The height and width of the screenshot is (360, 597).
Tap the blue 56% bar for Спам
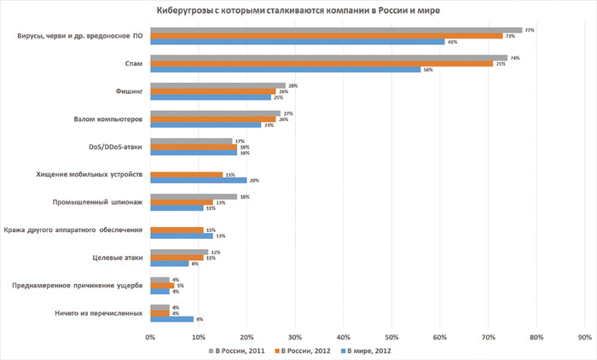click(x=285, y=69)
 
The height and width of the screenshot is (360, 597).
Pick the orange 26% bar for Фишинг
click(x=212, y=91)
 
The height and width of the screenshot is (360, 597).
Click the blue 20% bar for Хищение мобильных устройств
click(x=198, y=180)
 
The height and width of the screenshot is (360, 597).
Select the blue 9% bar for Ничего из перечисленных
click(x=171, y=319)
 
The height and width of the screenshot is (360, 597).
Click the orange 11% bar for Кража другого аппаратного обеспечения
click(x=177, y=229)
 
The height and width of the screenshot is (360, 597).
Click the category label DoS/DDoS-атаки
click(x=113, y=147)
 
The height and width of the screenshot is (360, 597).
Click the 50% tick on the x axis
click(x=391, y=338)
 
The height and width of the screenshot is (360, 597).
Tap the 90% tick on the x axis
click(x=584, y=338)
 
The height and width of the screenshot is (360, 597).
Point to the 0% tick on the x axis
click(x=150, y=338)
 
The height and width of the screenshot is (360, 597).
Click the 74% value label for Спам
click(x=516, y=58)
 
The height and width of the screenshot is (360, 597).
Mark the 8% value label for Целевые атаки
click(x=195, y=264)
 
